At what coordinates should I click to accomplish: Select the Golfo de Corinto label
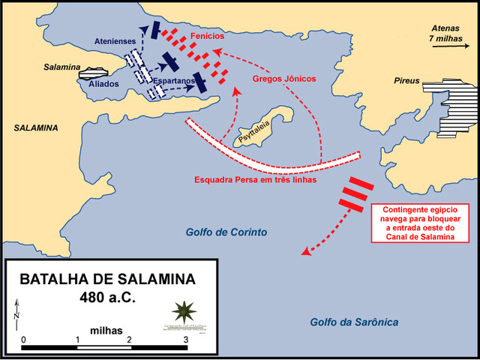point(226,232)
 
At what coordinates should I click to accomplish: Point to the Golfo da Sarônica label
point(354,322)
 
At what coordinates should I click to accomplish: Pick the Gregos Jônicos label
point(285,78)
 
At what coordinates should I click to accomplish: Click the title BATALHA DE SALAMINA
point(106,279)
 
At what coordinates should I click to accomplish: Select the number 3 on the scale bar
point(186,340)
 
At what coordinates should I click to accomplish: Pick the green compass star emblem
point(182,311)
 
